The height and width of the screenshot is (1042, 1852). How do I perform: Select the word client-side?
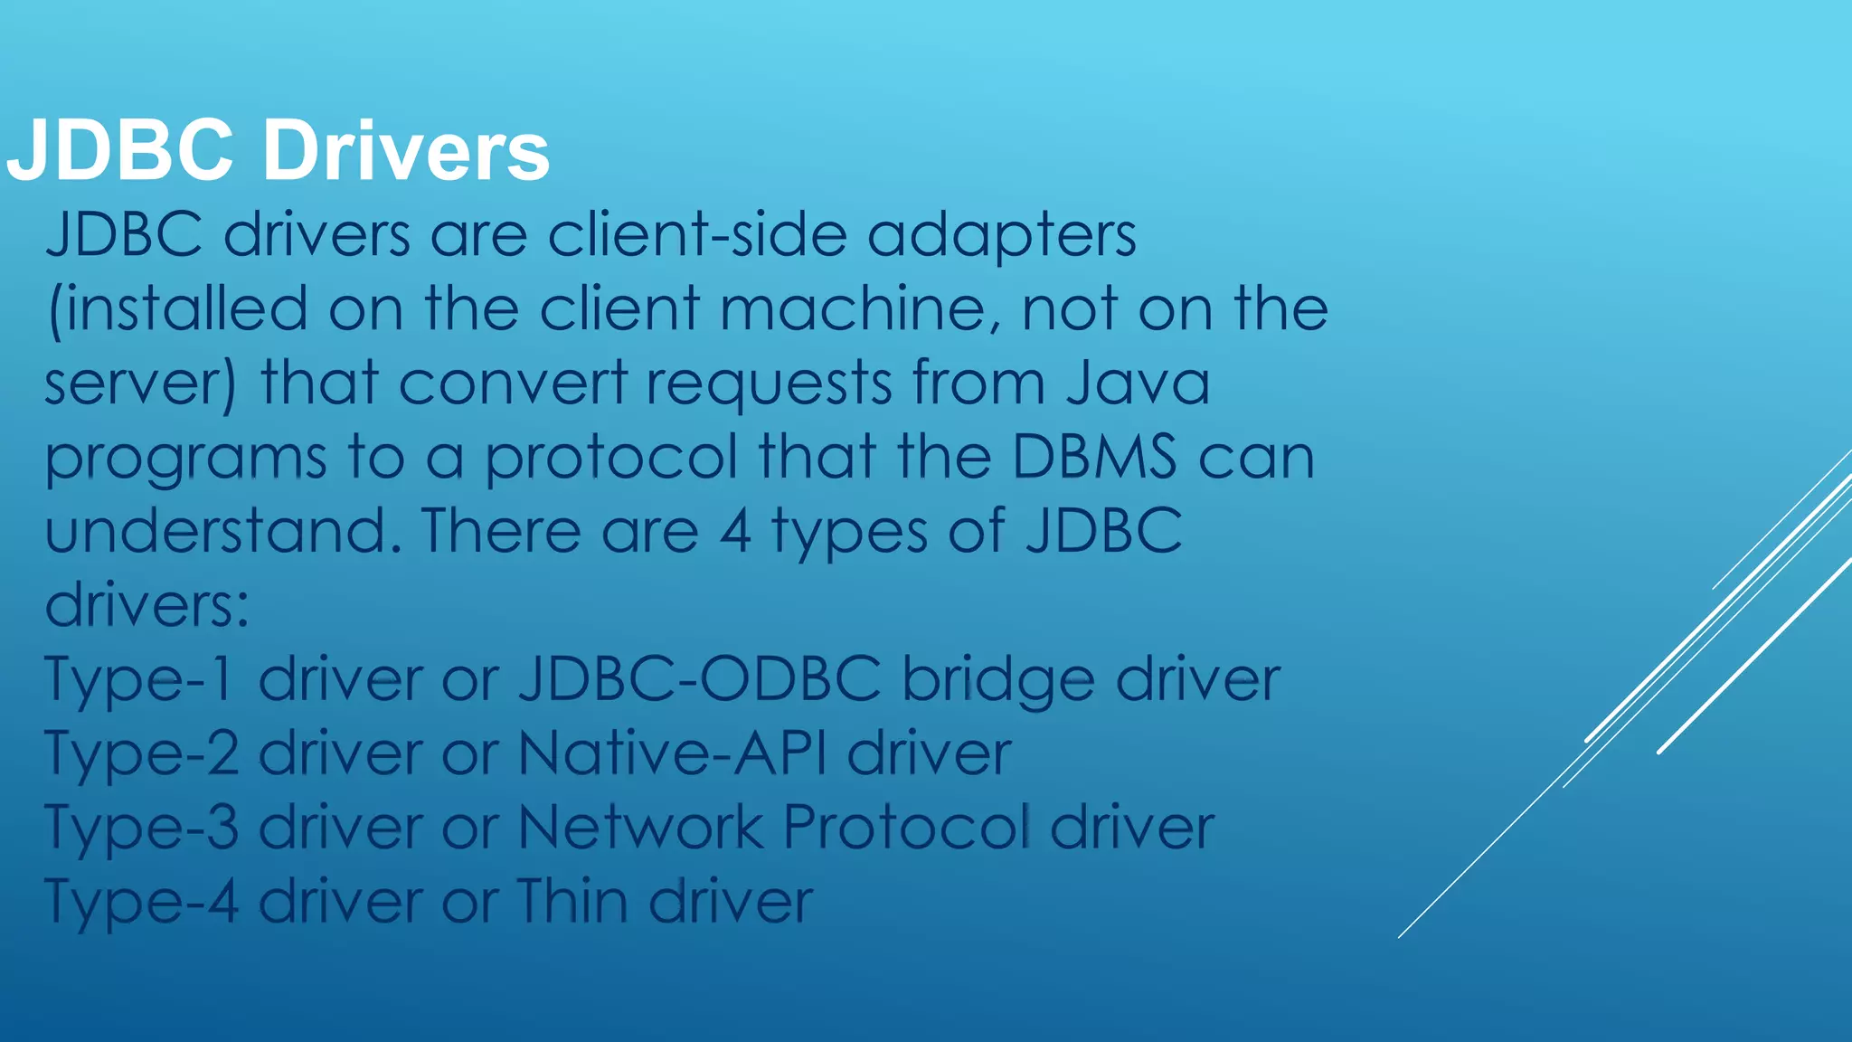click(x=697, y=235)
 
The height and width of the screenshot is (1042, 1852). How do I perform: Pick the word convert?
click(x=513, y=383)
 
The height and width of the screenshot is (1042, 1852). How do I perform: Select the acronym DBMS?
click(x=1095, y=457)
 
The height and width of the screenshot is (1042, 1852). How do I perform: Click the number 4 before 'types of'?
click(x=735, y=532)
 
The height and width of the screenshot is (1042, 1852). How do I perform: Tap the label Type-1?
click(x=140, y=680)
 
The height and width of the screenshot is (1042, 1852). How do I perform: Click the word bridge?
click(x=998, y=680)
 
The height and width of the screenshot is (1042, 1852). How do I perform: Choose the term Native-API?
click(x=672, y=753)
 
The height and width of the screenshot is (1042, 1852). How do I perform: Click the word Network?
click(x=641, y=827)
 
